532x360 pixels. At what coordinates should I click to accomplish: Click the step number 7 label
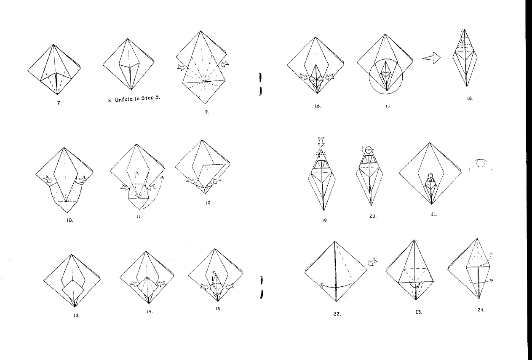(59, 103)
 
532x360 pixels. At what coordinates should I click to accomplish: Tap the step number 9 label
(207, 112)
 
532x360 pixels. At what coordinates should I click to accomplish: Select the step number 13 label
(77, 316)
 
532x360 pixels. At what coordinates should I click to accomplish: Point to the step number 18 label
(470, 98)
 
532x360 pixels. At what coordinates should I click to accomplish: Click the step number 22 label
(337, 314)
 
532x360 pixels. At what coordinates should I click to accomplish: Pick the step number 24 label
(481, 309)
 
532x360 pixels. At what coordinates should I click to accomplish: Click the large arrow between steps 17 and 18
(431, 58)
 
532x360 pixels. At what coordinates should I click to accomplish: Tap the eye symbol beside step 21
(479, 164)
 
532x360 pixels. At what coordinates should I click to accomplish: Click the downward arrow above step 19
(321, 142)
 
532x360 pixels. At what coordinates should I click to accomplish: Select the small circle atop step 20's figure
(369, 150)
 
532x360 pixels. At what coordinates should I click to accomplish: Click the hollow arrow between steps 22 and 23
(373, 261)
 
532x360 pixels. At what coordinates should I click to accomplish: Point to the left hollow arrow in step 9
(181, 67)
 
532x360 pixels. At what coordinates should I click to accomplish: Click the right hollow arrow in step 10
(82, 179)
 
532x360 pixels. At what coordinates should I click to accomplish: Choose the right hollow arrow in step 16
(329, 77)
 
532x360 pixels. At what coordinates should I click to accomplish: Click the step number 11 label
(139, 216)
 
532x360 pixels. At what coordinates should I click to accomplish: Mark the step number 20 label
(373, 216)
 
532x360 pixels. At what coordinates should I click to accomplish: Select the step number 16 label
(318, 106)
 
